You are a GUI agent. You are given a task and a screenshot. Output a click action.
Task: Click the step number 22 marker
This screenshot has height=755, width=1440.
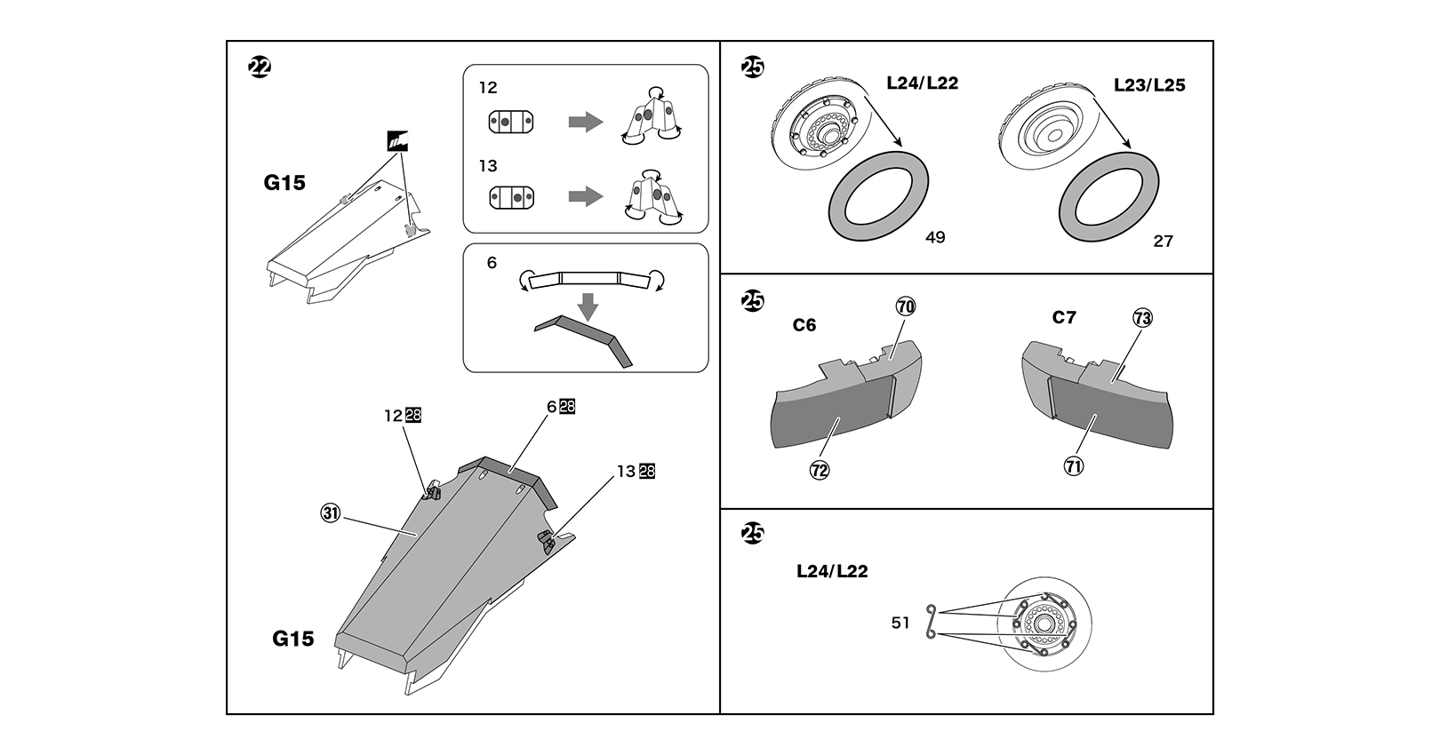[260, 68]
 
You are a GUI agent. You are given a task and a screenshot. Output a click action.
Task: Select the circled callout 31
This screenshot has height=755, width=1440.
[331, 513]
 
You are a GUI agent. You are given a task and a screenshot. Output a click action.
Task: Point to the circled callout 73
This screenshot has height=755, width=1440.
[1142, 318]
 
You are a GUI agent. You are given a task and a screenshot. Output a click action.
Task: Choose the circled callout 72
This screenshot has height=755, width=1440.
[820, 469]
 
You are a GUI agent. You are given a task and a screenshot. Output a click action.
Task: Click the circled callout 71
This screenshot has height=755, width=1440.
[1074, 465]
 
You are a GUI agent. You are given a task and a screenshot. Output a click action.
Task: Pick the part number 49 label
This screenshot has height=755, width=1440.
[935, 238]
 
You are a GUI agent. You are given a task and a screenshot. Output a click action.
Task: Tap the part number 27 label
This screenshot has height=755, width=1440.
[1163, 241]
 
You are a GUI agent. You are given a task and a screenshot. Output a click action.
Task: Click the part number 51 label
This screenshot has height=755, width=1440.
[901, 623]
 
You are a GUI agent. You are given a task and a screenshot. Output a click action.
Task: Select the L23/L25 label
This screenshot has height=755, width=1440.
[1149, 86]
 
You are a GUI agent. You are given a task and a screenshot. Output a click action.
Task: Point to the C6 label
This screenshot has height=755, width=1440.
[804, 325]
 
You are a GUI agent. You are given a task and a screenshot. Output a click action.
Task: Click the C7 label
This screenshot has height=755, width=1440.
[1064, 318]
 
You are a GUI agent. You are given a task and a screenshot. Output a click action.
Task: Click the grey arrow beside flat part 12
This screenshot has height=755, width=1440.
[585, 122]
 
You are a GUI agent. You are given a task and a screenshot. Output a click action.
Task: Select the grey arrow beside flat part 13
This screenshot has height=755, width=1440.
[585, 196]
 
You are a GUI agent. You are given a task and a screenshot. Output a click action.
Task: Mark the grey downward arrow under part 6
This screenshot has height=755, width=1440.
[587, 307]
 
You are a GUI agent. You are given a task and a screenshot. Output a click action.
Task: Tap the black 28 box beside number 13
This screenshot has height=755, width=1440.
[646, 472]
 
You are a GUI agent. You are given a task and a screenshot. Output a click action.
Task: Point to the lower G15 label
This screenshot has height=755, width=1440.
[293, 639]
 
